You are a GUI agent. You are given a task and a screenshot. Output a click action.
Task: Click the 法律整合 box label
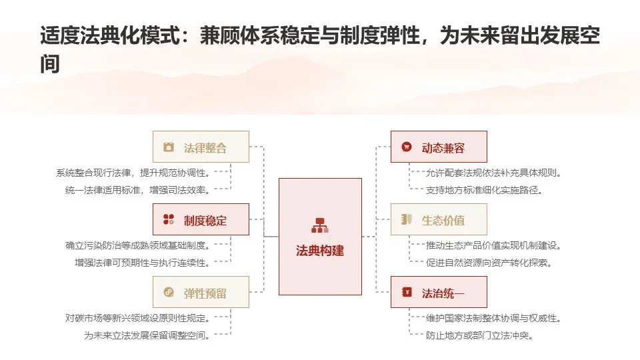(205, 148)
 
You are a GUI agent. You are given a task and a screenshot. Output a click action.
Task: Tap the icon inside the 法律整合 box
(169, 147)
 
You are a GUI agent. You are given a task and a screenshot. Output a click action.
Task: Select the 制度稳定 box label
(205, 221)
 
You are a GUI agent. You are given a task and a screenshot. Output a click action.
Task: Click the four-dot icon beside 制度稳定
(169, 219)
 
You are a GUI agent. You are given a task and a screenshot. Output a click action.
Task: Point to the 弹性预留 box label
(205, 293)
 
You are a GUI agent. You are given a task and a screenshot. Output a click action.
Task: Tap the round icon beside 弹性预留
(169, 292)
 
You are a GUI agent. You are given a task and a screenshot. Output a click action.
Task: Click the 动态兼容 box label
(443, 148)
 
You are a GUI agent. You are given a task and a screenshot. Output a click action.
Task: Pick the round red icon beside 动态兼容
(407, 147)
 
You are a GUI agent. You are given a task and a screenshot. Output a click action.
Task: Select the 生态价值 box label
(443, 221)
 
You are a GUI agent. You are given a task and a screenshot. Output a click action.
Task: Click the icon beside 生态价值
(407, 219)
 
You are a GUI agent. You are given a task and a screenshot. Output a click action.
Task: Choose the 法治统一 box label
(443, 293)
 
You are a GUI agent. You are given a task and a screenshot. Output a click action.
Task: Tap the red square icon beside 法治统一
(407, 292)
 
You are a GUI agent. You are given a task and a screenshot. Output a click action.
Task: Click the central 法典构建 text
(320, 251)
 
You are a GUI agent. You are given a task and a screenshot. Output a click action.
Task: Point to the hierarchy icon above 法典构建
(320, 225)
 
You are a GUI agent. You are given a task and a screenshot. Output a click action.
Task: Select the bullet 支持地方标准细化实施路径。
(484, 190)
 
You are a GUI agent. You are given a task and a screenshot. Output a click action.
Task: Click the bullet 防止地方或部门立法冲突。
(479, 335)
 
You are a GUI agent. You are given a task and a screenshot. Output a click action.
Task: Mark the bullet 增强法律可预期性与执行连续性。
(143, 263)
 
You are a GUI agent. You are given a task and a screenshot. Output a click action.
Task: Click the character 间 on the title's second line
(50, 64)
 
